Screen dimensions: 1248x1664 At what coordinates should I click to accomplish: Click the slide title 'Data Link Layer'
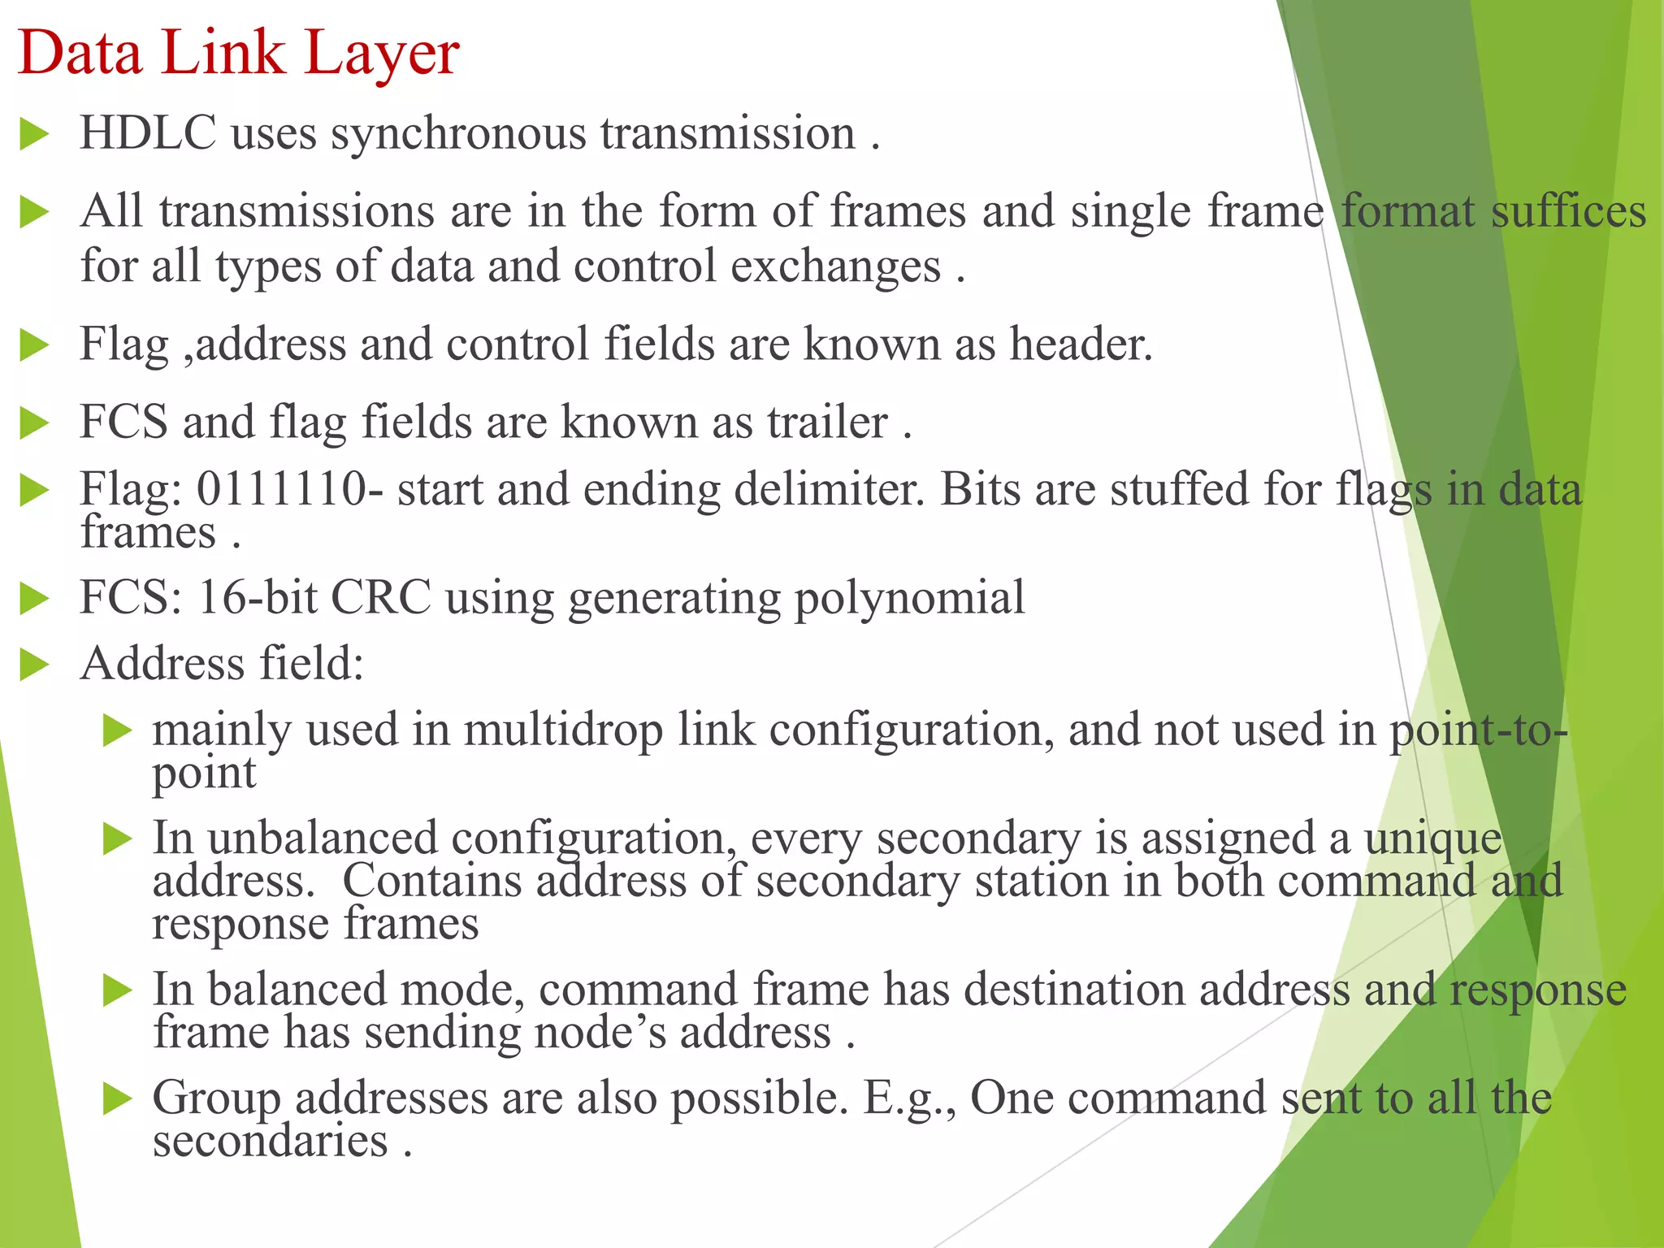pyautogui.click(x=238, y=54)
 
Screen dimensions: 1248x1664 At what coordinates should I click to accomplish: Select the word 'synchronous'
pyautogui.click(x=458, y=134)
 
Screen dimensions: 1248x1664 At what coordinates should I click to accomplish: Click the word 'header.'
pyautogui.click(x=1081, y=344)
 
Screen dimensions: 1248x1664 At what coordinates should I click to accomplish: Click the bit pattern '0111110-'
pyautogui.click(x=290, y=489)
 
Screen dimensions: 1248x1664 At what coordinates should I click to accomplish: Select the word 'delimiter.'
pyautogui.click(x=830, y=489)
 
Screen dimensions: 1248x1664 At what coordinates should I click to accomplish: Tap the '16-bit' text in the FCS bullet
pyautogui.click(x=257, y=597)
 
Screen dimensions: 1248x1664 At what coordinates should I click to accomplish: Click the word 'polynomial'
pyautogui.click(x=909, y=599)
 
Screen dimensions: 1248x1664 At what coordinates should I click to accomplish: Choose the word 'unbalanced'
pyautogui.click(x=323, y=838)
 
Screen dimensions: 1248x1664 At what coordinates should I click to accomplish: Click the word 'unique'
pyautogui.click(x=1432, y=839)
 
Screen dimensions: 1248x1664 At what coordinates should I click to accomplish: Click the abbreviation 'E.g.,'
pyautogui.click(x=909, y=1098)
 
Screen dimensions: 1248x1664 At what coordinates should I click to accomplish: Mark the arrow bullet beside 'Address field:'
pyautogui.click(x=35, y=665)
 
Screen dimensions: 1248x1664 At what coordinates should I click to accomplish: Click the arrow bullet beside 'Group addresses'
pyautogui.click(x=118, y=1099)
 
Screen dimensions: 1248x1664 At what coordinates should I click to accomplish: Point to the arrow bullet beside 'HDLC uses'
pyautogui.click(x=35, y=134)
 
